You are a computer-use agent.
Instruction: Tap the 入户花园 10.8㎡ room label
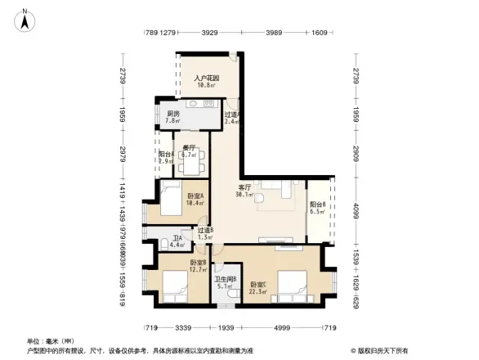coord(204,82)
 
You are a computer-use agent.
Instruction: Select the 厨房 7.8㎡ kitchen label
coord(172,117)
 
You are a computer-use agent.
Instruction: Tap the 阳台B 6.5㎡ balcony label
coord(318,208)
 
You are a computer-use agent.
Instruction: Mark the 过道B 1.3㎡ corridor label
coord(205,233)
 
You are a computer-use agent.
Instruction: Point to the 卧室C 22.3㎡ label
coord(259,287)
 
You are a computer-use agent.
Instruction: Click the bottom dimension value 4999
coord(283,327)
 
